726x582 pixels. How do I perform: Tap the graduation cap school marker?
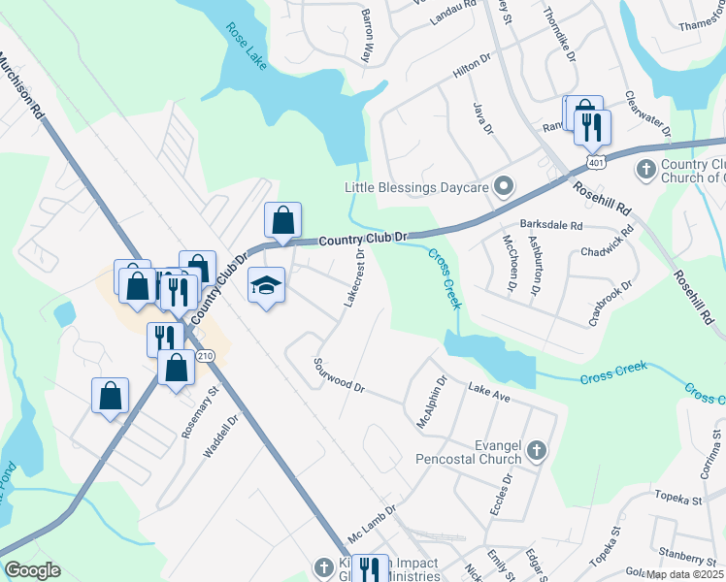click(x=266, y=286)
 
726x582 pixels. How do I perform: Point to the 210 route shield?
click(x=204, y=357)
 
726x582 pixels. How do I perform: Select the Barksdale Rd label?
click(x=551, y=225)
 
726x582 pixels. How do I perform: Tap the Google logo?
click(x=32, y=570)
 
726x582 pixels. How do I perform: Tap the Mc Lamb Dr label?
click(x=373, y=521)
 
